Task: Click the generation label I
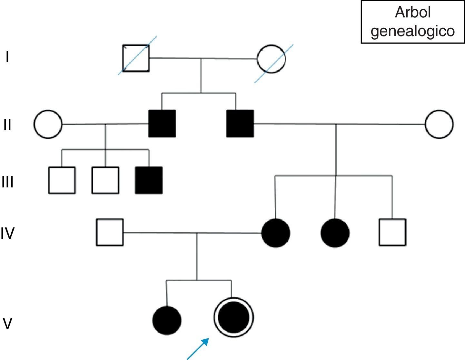pos(7,58)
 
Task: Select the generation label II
pos(8,125)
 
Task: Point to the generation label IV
pos(8,233)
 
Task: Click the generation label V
pos(7,323)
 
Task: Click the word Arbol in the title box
pos(412,13)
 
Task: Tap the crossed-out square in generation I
pos(136,58)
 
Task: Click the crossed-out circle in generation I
pos(271,59)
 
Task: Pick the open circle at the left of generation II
pos(48,125)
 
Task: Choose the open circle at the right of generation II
pos(439,124)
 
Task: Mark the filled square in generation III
pos(149,180)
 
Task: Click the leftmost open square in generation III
pos(62,180)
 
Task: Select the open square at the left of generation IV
pos(110,232)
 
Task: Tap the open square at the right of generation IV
pos(392,232)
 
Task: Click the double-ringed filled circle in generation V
pos(233,317)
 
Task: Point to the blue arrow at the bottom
pos(198,348)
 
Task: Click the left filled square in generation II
pos(162,124)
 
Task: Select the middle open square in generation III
pos(105,180)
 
